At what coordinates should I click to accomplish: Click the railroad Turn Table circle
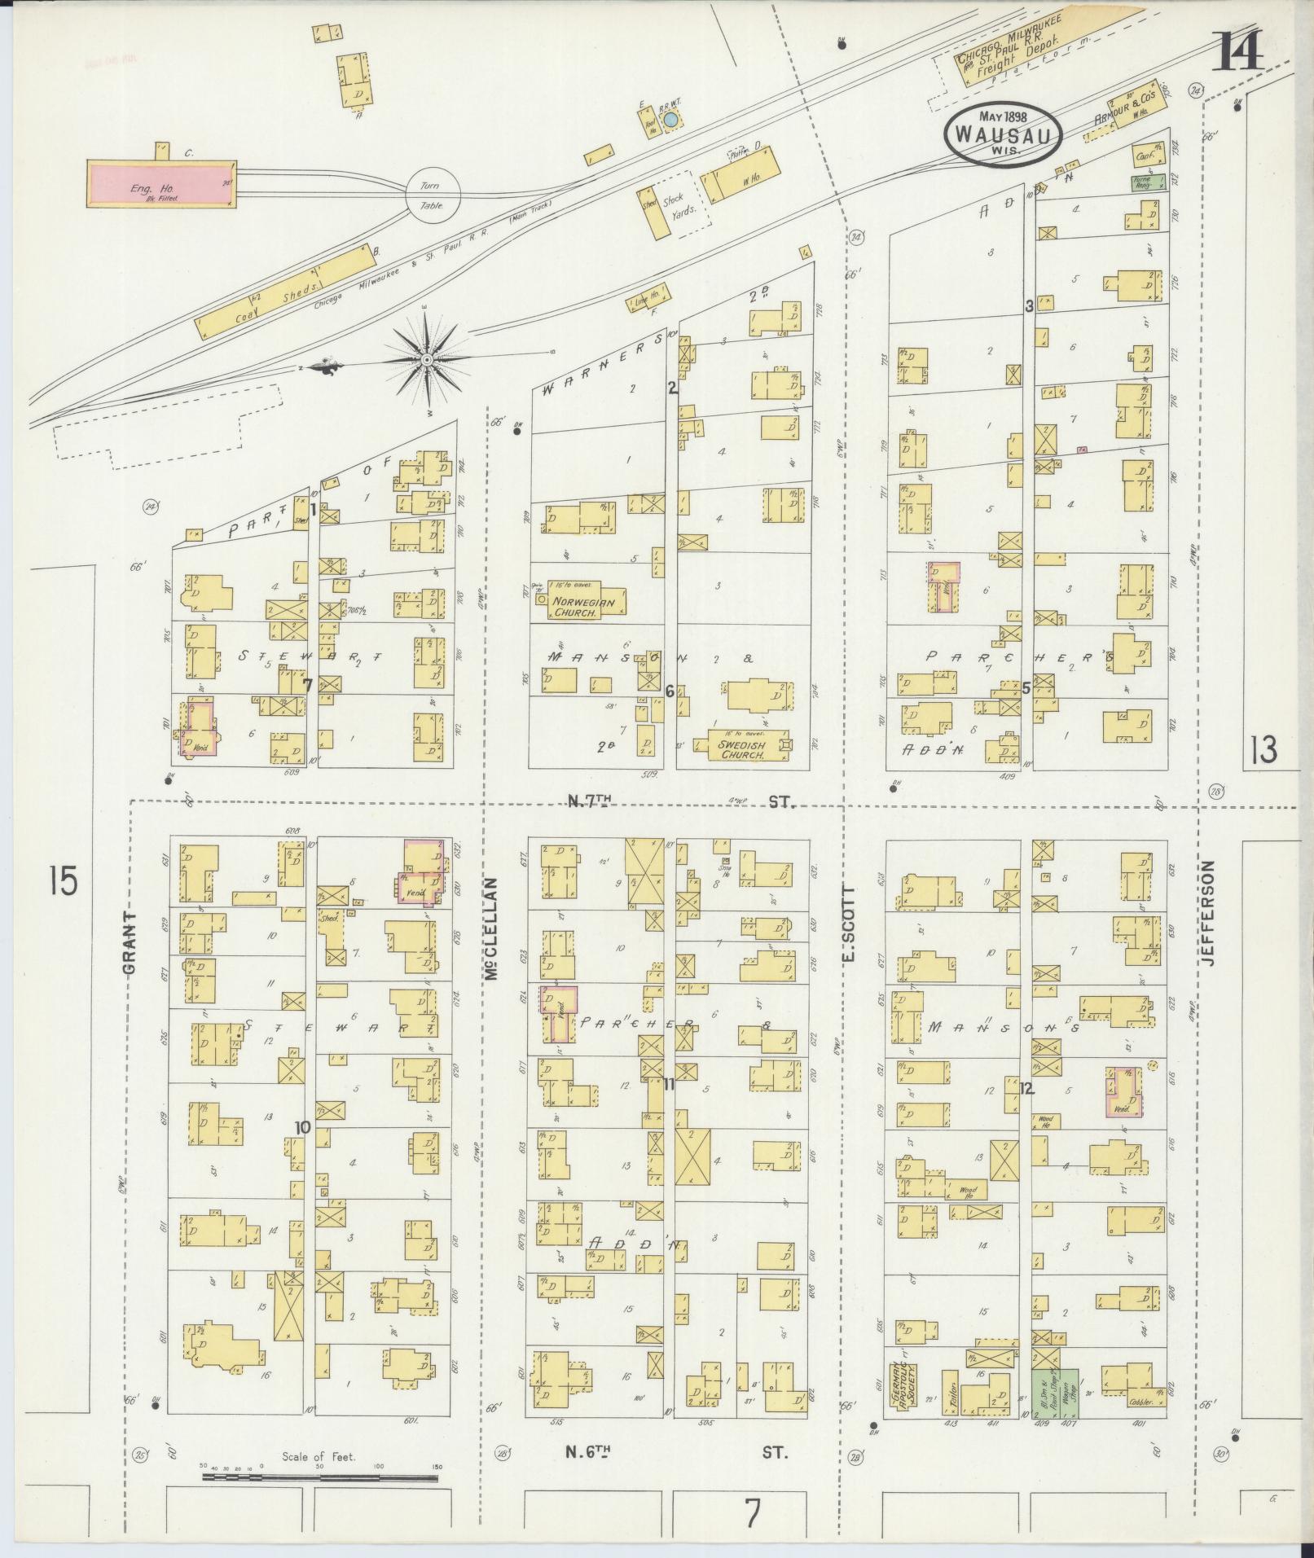433,194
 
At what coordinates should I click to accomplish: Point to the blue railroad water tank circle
670,121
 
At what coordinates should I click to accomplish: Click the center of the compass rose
426,359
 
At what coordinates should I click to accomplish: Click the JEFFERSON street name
1208,913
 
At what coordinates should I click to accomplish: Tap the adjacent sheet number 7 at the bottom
751,1514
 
